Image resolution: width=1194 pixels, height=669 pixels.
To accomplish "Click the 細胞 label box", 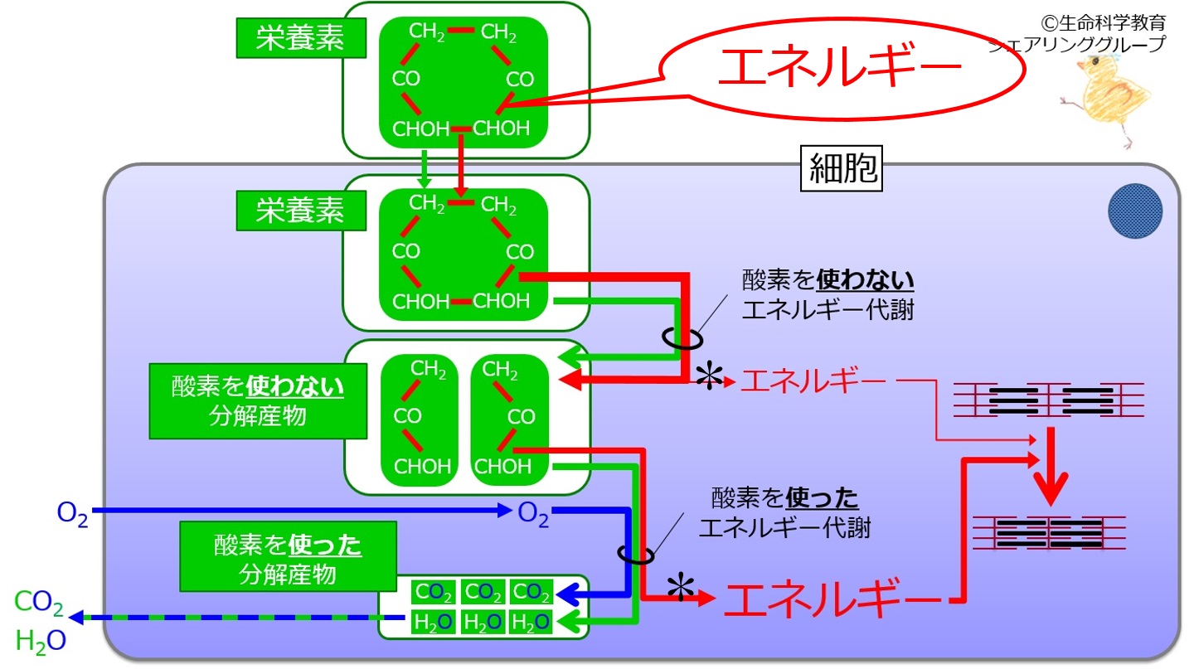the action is click(842, 168).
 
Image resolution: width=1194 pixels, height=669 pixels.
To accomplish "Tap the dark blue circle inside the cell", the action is click(1135, 211).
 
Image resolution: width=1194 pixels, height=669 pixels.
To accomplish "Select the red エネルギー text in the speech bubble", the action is click(839, 67).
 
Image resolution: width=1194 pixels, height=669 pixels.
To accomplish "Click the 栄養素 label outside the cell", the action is click(301, 38).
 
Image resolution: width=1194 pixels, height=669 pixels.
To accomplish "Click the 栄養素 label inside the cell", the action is click(301, 211).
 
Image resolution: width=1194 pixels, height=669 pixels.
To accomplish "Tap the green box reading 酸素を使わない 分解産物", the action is click(258, 401).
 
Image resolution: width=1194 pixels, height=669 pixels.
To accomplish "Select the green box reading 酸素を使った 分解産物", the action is click(288, 556).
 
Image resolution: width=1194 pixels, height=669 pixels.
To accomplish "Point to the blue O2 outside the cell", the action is click(72, 514).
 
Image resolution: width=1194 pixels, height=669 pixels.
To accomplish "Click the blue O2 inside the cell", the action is click(533, 514).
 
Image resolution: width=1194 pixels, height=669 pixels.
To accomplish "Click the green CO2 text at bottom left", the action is click(38, 603).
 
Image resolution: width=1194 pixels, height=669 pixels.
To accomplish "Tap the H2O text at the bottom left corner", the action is click(41, 642).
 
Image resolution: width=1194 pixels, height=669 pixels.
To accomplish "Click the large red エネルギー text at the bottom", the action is click(833, 599).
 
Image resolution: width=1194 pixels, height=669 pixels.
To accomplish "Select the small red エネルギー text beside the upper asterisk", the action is click(813, 381).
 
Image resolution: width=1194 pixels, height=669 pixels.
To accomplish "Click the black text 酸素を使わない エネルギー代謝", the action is click(828, 295).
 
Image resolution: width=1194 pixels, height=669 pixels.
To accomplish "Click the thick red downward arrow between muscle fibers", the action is click(1051, 467).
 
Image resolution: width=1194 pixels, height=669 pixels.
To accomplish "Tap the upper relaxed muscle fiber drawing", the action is click(1048, 400).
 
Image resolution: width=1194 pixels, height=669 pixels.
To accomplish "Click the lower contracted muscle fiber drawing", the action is click(1049, 532).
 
